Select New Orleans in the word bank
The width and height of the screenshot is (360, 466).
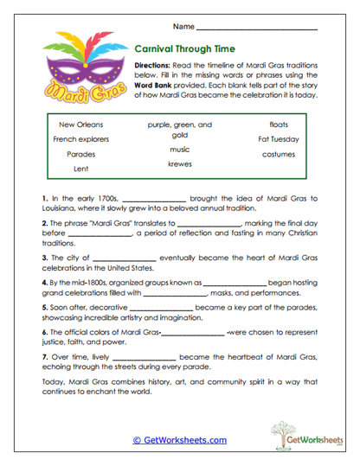point(74,124)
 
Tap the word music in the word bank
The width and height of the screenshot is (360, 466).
point(179,149)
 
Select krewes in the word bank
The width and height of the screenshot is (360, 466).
point(180,163)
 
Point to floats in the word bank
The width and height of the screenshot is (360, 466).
point(279,124)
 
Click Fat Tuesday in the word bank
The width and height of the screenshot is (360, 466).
point(279,139)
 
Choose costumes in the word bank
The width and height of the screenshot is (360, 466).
point(279,154)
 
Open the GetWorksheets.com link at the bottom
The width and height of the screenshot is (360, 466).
point(179,439)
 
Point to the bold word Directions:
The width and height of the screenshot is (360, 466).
point(157,66)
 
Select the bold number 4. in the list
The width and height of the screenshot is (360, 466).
point(44,282)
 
